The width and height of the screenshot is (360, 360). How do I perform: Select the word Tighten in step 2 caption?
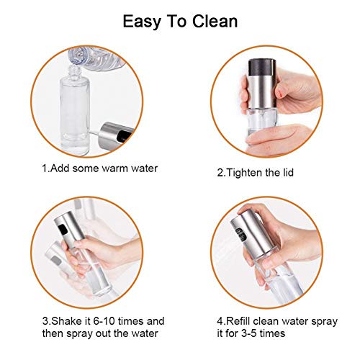coord(252,173)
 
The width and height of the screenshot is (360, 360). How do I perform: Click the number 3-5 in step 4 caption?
coord(258,334)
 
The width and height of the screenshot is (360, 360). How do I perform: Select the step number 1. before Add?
coord(44,169)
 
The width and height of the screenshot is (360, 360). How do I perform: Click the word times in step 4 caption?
coord(288,334)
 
